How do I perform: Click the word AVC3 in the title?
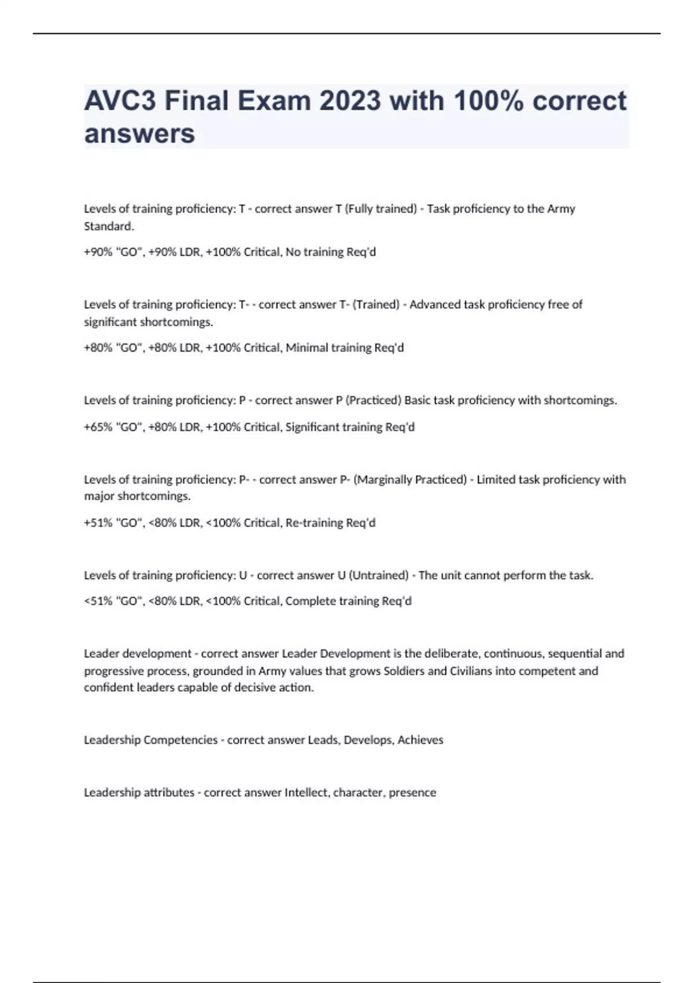[120, 101]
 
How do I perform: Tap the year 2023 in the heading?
[349, 101]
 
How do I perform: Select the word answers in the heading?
[139, 134]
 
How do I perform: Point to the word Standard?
[109, 226]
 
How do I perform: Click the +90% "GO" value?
[113, 252]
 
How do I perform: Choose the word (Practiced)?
[373, 400]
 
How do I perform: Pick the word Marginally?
[382, 479]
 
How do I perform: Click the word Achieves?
[420, 740]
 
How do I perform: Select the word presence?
[412, 793]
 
